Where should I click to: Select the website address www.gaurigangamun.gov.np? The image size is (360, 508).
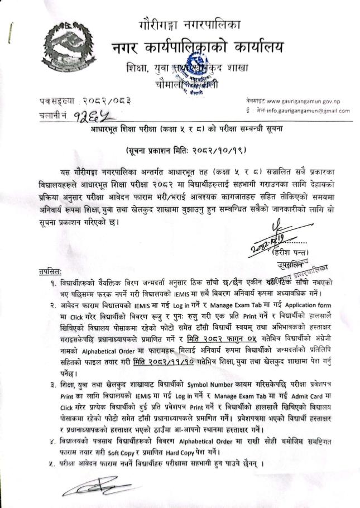pyautogui.click(x=304, y=102)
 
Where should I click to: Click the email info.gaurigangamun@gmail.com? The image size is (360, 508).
pyautogui.click(x=306, y=111)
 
